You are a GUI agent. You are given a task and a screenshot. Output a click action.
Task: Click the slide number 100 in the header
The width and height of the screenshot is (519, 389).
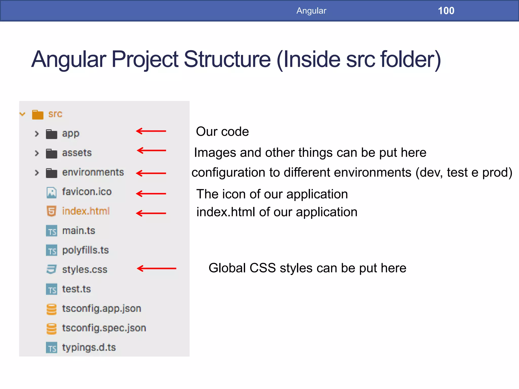point(446,11)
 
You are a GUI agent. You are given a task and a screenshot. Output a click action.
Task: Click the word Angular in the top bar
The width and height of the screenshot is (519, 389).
point(311,11)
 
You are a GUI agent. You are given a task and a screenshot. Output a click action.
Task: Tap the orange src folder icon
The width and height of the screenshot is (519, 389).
point(38,114)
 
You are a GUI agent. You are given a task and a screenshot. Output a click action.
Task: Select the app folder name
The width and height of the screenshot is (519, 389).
point(71,133)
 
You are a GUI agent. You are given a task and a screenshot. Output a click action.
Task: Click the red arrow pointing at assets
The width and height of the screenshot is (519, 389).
point(151,150)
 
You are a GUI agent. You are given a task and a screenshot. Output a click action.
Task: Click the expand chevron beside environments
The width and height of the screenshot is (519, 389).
point(37,173)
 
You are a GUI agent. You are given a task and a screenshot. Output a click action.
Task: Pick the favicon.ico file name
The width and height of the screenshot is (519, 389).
point(87,192)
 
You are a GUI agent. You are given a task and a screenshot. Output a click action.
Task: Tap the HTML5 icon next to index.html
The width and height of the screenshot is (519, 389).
point(51,211)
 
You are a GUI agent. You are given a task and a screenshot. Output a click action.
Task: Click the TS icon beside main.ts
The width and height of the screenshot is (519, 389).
point(51,231)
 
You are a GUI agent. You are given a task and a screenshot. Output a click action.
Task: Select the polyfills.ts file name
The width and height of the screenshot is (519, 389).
point(85,250)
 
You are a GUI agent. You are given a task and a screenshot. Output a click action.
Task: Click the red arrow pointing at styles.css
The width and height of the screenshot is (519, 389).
point(156,268)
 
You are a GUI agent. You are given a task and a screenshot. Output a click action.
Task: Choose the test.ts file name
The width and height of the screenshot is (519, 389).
point(76,289)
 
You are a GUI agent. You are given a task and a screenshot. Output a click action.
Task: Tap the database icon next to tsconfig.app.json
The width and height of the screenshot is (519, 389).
point(51,309)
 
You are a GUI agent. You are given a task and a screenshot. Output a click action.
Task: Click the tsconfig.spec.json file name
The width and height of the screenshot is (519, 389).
point(104,328)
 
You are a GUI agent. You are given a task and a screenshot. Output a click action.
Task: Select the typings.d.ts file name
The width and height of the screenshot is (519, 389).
point(89,347)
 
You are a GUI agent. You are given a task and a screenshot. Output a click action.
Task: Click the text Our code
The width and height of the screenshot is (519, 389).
point(222,131)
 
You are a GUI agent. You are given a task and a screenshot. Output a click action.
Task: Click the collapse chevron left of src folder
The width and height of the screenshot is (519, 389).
point(23,114)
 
